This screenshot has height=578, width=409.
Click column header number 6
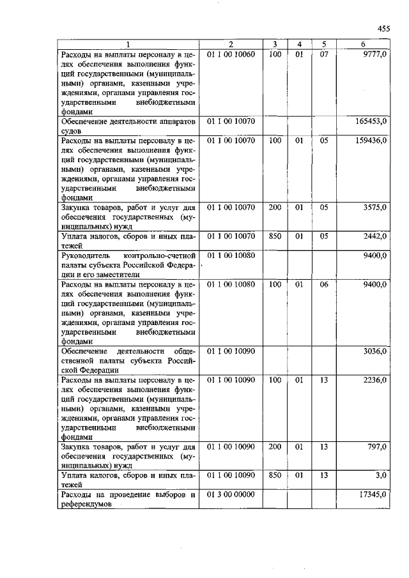(363, 44)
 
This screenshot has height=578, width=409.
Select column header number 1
(128, 44)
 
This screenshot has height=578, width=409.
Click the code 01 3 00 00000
(230, 494)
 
